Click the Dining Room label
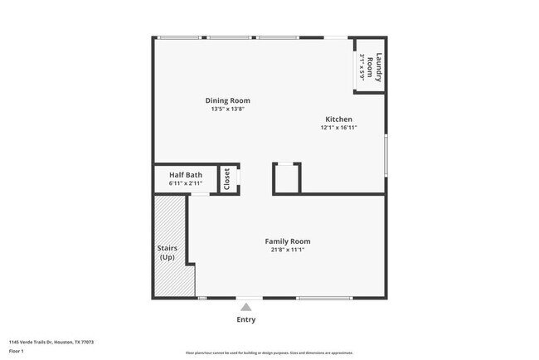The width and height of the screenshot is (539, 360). pos(228,100)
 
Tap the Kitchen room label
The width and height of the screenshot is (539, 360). pos(338,119)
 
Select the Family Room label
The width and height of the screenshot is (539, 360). pos(288,241)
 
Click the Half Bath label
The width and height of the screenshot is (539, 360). pos(186,175)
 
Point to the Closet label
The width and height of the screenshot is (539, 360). pos(227,179)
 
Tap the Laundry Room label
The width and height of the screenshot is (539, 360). pos(378,67)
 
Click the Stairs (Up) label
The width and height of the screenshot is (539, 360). pos(168,253)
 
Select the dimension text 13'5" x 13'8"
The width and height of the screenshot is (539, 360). pos(228,109)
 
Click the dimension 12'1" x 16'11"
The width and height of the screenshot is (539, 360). pos(338,128)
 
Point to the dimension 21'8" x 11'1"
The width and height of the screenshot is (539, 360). pos(288,250)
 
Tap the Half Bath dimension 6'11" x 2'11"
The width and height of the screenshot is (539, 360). pos(186,183)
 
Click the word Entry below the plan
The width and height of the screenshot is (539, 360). pos(246,319)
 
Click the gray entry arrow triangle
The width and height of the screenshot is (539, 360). pos(246,307)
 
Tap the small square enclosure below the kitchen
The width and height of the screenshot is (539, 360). pos(287,178)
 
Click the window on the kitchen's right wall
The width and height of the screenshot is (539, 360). pos(386,154)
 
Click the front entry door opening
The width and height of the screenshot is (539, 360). pos(249,298)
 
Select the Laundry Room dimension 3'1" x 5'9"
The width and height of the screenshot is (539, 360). pos(363,67)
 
